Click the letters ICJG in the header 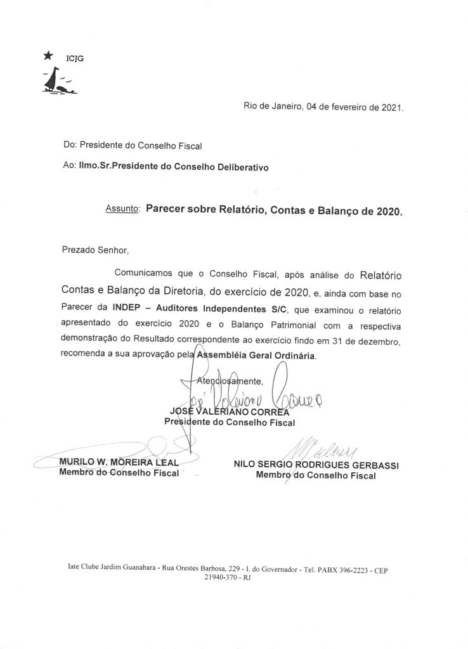click(75, 58)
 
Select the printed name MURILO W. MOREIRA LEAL click(119, 461)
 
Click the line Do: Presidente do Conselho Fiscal click(133, 146)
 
